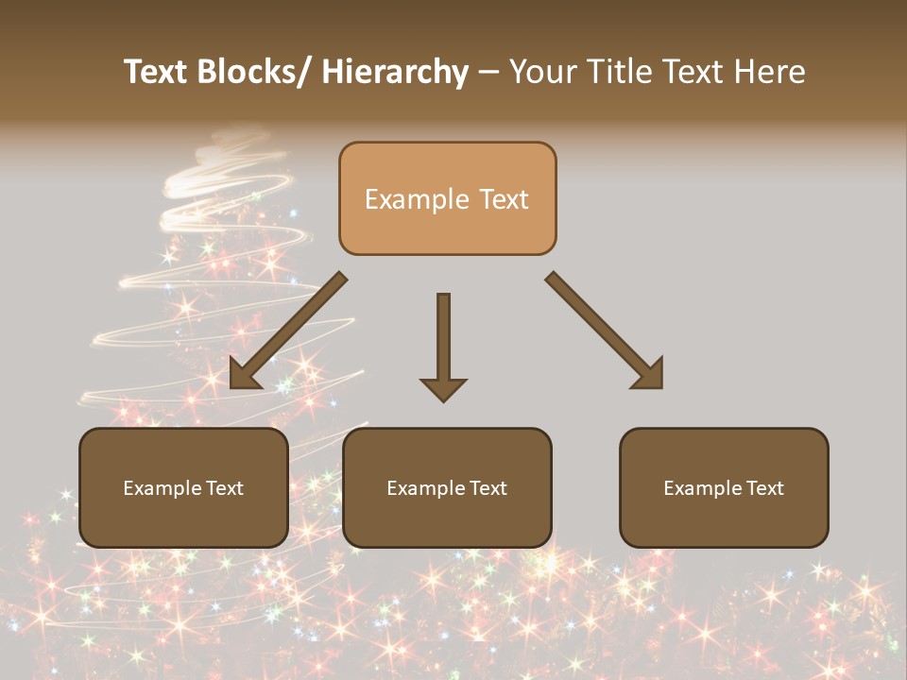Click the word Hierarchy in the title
point(394,73)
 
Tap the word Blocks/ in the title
point(254,73)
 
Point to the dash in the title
point(488,73)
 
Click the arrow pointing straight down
point(443,340)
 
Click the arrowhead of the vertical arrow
point(443,388)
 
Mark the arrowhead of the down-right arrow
point(649,374)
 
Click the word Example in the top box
point(416,200)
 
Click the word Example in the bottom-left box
point(162,488)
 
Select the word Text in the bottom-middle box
point(487,488)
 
